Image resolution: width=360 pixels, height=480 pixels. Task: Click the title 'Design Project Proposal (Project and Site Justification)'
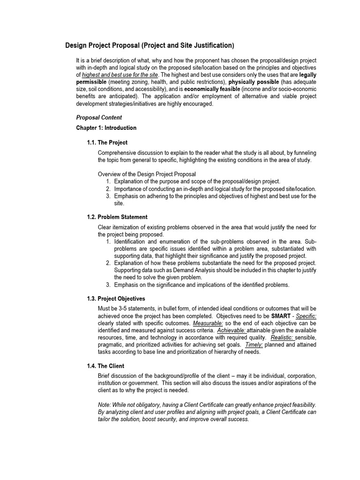point(149,45)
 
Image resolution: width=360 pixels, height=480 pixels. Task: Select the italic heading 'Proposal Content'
point(99,118)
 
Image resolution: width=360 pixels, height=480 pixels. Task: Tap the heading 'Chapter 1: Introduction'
point(106,128)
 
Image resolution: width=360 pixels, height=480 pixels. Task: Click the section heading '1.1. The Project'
point(107,142)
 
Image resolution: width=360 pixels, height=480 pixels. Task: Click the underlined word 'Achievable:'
point(230,330)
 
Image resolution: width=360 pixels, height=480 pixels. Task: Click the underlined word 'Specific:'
point(306,316)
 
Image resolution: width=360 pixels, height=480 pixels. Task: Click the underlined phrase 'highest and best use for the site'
point(120,75)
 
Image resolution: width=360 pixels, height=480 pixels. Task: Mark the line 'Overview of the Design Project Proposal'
point(147,174)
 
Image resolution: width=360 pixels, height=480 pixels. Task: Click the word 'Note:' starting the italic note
point(105,405)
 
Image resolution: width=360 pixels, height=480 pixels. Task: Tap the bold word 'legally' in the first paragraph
point(307,75)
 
